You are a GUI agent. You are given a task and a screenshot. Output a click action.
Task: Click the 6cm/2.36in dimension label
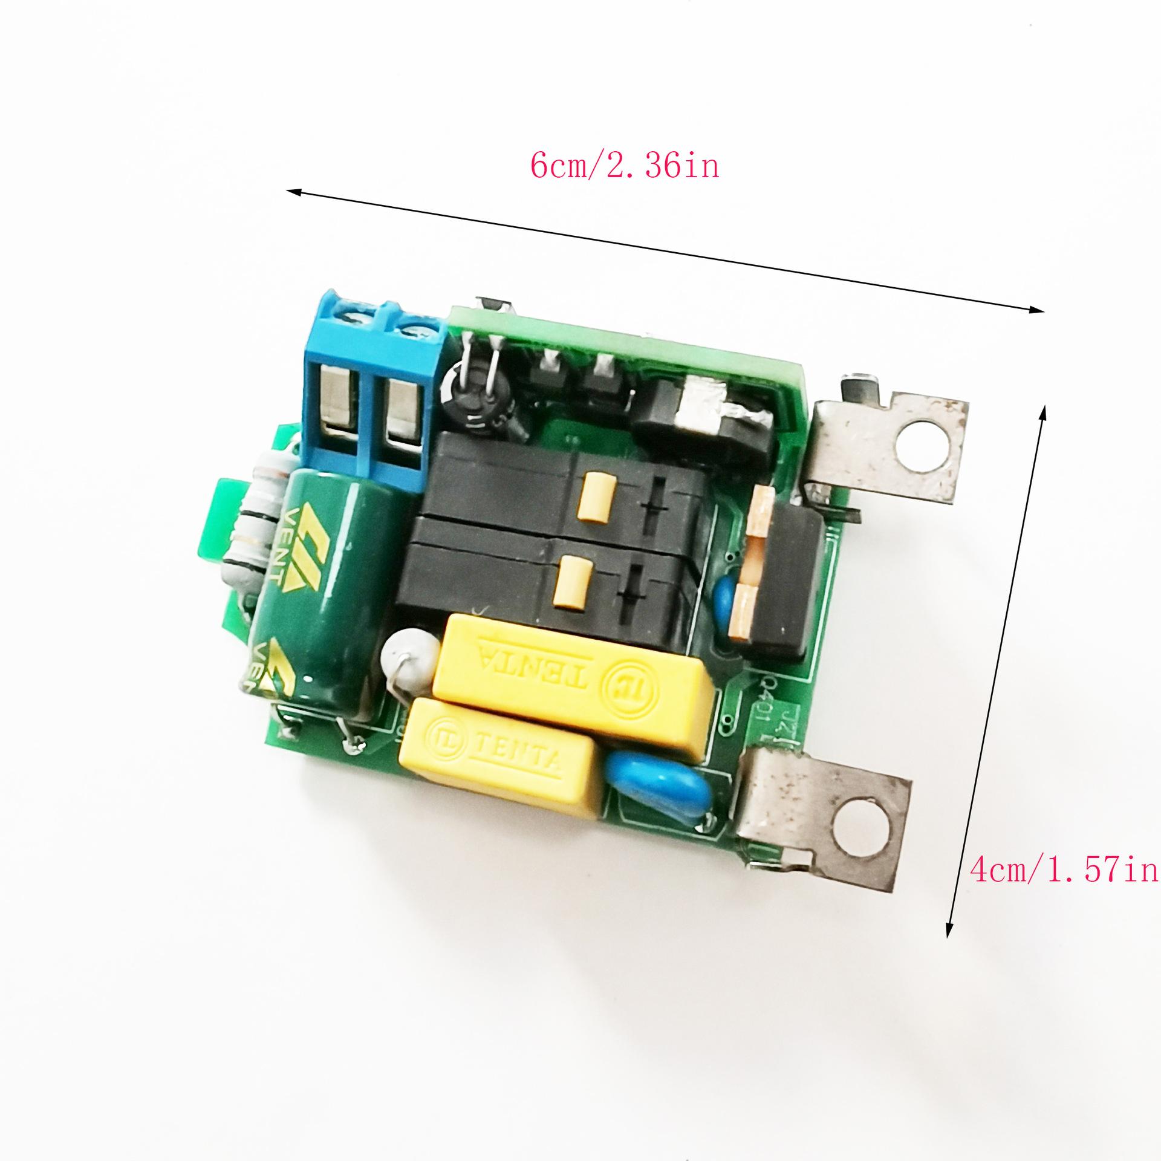(x=625, y=165)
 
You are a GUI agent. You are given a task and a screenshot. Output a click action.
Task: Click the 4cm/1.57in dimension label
(x=1064, y=871)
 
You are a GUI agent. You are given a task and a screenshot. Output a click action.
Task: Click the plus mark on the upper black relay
(x=656, y=498)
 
